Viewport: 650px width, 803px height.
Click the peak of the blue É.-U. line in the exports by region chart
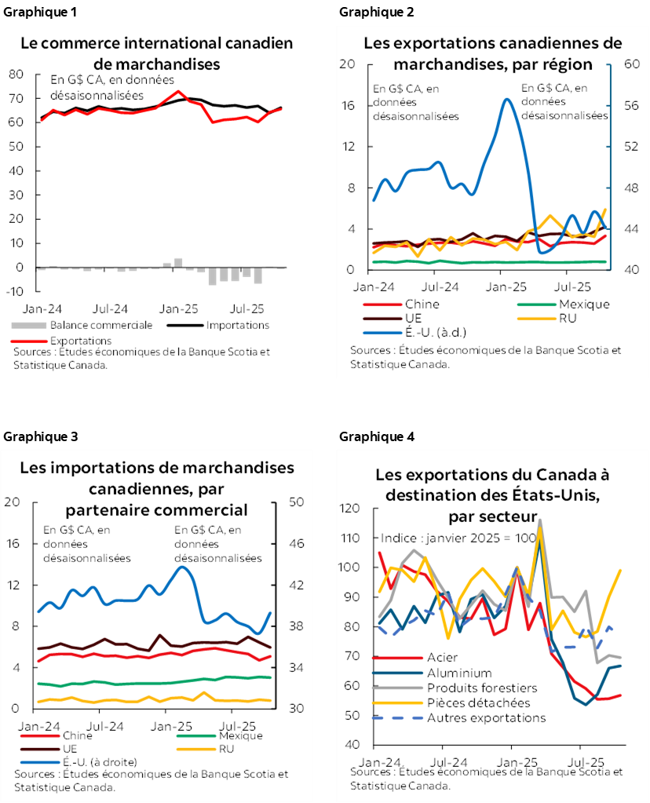point(507,99)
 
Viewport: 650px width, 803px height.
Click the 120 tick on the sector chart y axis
point(350,509)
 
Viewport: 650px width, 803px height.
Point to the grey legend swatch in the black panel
point(29,325)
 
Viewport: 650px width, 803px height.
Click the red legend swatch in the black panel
point(29,341)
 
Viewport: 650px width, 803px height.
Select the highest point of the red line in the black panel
point(178,91)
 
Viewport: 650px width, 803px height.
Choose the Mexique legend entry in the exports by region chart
point(564,305)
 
